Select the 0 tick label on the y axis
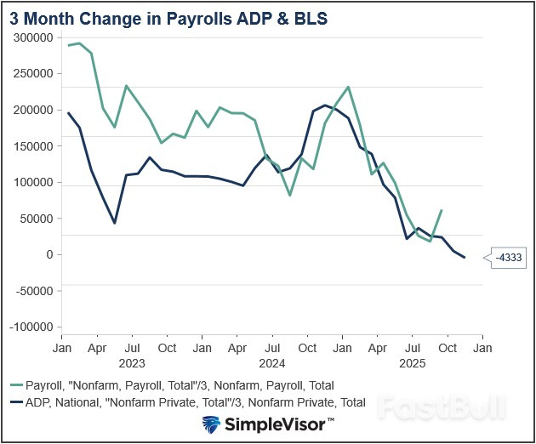tap(49, 254)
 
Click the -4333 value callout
tap(510, 257)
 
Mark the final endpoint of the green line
tap(442, 210)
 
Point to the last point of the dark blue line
tap(465, 258)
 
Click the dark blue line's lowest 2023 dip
tap(115, 223)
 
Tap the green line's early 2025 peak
tap(349, 87)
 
